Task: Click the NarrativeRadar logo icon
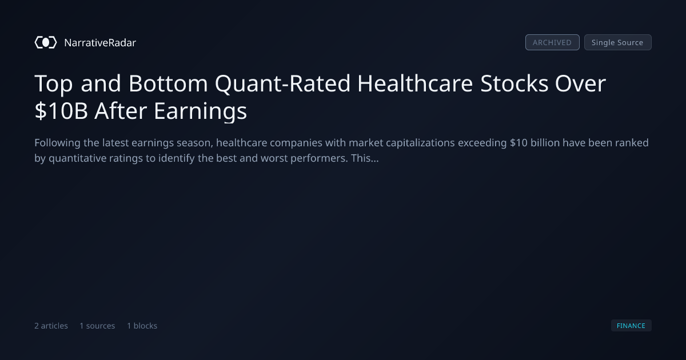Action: coord(46,42)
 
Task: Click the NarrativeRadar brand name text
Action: coord(100,42)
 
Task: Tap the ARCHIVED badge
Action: coord(552,42)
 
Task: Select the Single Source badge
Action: coord(618,42)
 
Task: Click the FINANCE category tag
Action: coord(631,325)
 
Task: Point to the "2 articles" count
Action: coord(51,326)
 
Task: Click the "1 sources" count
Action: coord(97,326)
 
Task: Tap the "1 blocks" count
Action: coord(142,326)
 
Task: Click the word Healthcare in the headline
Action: coord(415,83)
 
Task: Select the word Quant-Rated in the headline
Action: coord(282,84)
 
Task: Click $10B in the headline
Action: coord(61,111)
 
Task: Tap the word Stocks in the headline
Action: coord(514,83)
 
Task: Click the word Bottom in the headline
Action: coord(168,83)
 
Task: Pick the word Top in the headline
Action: coord(54,84)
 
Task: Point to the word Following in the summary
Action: coord(57,143)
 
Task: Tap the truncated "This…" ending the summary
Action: coord(365,158)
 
